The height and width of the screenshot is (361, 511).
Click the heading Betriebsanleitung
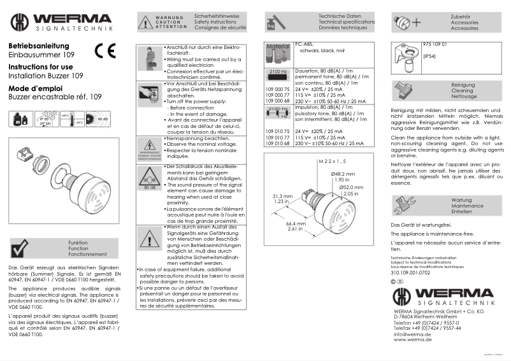(x=38, y=46)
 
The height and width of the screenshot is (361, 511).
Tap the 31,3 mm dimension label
(x=282, y=195)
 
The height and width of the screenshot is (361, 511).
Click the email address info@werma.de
(x=412, y=334)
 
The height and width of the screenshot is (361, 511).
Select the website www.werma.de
(x=412, y=339)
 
